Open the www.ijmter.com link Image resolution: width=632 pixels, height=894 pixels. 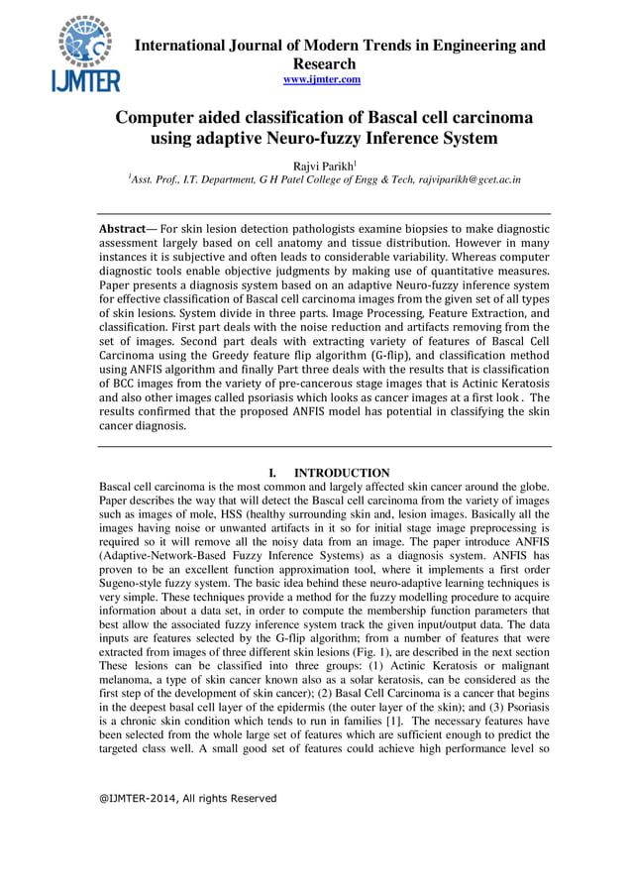[322, 78]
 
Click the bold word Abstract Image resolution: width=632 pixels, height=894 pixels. [124, 229]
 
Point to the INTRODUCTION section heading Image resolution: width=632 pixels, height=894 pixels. [342, 473]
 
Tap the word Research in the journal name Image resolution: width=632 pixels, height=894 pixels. [322, 62]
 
